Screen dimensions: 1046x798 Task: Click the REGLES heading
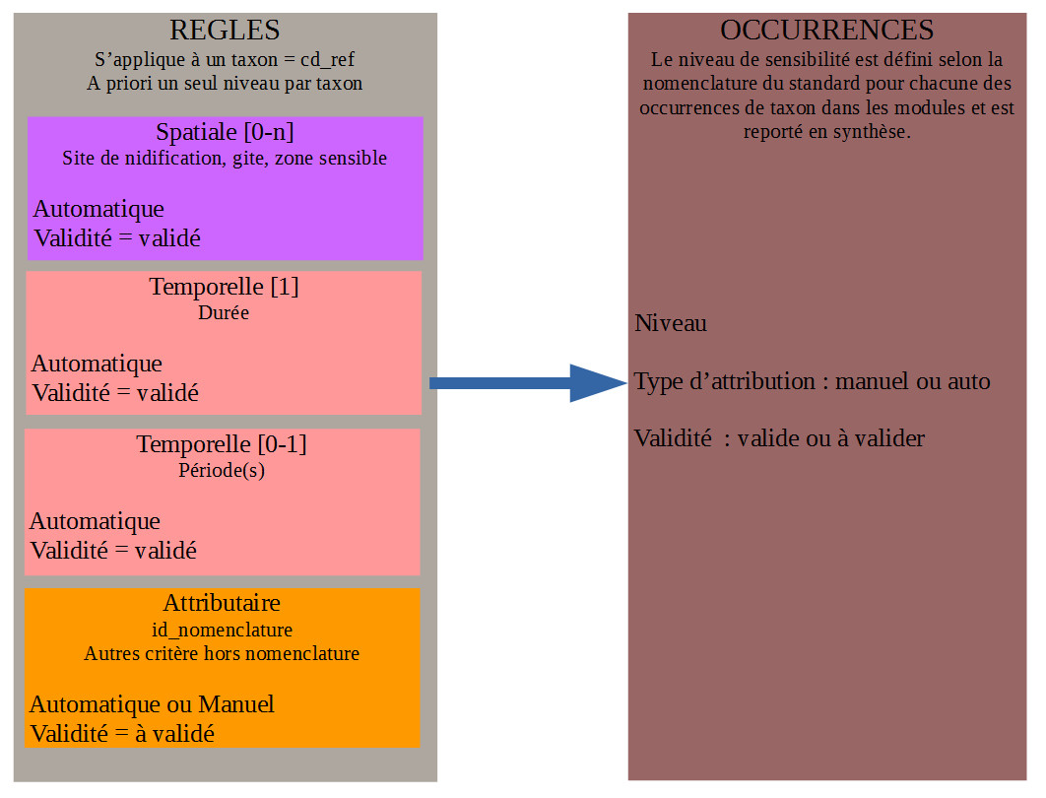225,30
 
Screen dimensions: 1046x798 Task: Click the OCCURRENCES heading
826,30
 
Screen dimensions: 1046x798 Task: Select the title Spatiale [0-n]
225,132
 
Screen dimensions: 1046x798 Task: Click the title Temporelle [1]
224,287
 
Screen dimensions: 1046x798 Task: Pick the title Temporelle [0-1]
222,443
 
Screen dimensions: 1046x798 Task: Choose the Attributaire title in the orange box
222,603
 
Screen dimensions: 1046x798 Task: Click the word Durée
224,312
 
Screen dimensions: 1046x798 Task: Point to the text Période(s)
222,470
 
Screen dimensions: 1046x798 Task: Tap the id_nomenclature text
222,630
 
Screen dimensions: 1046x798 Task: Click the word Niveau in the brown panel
671,323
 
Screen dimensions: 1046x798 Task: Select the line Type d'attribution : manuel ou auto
812,381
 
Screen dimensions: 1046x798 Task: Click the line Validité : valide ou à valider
779,438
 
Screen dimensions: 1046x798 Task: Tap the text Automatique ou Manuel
152,704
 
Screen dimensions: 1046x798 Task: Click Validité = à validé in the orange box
122,734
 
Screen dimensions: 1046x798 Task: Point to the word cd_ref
327,60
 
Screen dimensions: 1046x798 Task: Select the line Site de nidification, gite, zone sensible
225,159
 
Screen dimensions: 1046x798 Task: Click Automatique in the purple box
98,209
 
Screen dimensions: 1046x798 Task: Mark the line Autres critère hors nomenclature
222,653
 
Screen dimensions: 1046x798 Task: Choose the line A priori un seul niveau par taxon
225,84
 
